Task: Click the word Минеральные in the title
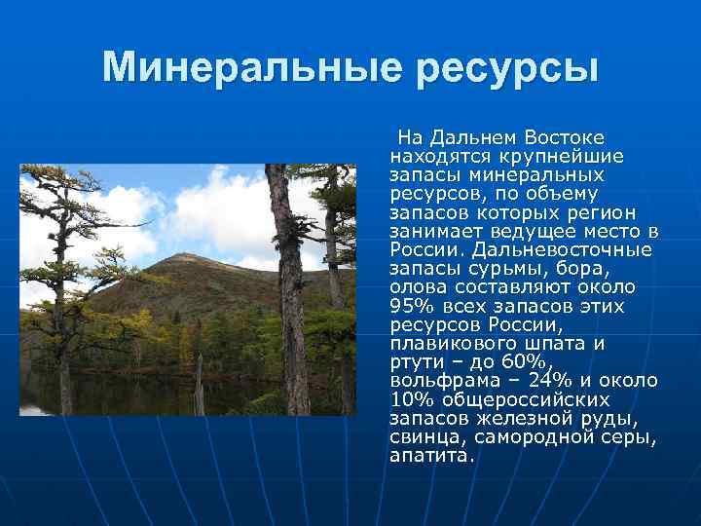(252, 67)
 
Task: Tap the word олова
(419, 285)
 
